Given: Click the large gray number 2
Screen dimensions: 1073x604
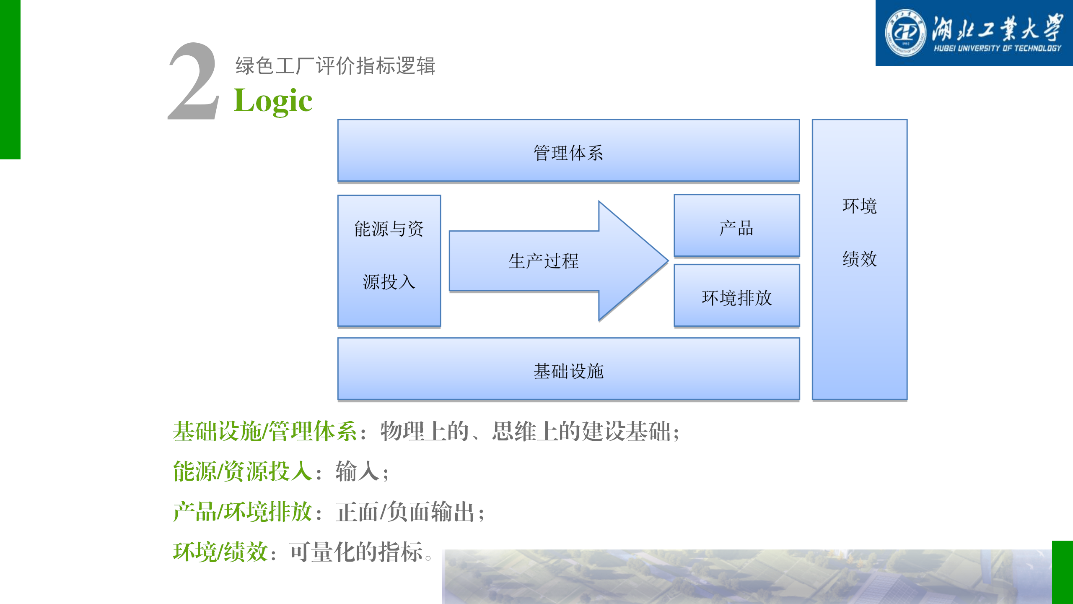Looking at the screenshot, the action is pos(194,81).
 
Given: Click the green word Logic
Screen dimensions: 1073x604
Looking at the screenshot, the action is pos(273,101).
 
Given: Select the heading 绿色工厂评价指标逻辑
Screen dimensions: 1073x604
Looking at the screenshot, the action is pos(335,66).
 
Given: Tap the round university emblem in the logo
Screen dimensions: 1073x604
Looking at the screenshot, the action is pos(905,33).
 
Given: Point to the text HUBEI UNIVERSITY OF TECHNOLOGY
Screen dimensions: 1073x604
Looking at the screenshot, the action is pos(997,48).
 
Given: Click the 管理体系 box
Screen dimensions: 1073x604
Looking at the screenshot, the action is pos(568,151).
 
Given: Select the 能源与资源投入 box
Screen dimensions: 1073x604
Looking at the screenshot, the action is pos(389,260).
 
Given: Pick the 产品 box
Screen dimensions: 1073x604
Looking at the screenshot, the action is pos(736,225).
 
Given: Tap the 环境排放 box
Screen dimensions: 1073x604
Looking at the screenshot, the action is pos(736,295).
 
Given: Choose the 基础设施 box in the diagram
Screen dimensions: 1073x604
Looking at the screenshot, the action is pos(568,369).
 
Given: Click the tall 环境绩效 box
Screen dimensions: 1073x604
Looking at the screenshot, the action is pos(860,260).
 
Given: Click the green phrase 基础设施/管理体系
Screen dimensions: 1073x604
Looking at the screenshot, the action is pos(265,431).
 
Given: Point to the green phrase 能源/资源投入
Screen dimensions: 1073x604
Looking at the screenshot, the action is pos(243,471).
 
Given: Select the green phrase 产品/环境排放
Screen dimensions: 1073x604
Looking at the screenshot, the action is pos(243,512).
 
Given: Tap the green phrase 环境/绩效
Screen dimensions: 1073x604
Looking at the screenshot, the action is pos(220,552).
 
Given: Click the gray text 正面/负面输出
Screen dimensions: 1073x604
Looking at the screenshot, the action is pos(405,512).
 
